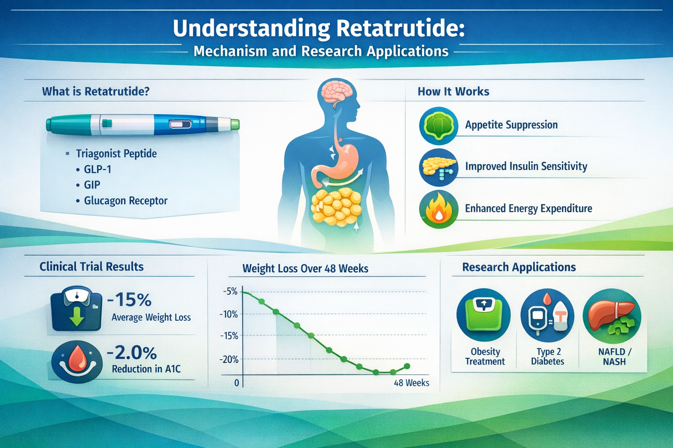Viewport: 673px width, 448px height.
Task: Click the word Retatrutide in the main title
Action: (400, 28)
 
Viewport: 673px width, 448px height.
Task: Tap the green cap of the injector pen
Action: (235, 125)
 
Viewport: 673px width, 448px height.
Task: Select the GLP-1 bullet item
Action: (97, 169)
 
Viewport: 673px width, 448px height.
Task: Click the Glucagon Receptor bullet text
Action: (125, 201)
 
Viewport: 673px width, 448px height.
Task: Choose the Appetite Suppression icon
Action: (439, 126)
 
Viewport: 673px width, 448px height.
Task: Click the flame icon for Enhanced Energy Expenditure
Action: (438, 210)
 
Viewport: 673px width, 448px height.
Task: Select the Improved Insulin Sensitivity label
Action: (526, 166)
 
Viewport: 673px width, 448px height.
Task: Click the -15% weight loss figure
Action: (129, 300)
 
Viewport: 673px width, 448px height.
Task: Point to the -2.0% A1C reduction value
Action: (132, 353)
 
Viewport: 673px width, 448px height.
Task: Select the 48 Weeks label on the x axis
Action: (411, 383)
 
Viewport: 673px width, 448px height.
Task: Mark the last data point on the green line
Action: (407, 366)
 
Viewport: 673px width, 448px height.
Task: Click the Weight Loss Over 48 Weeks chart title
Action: (305, 269)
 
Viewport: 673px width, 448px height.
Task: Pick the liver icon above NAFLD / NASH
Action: (612, 316)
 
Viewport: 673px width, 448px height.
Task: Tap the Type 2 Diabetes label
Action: (548, 357)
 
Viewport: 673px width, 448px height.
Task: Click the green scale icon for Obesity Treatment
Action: (483, 315)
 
